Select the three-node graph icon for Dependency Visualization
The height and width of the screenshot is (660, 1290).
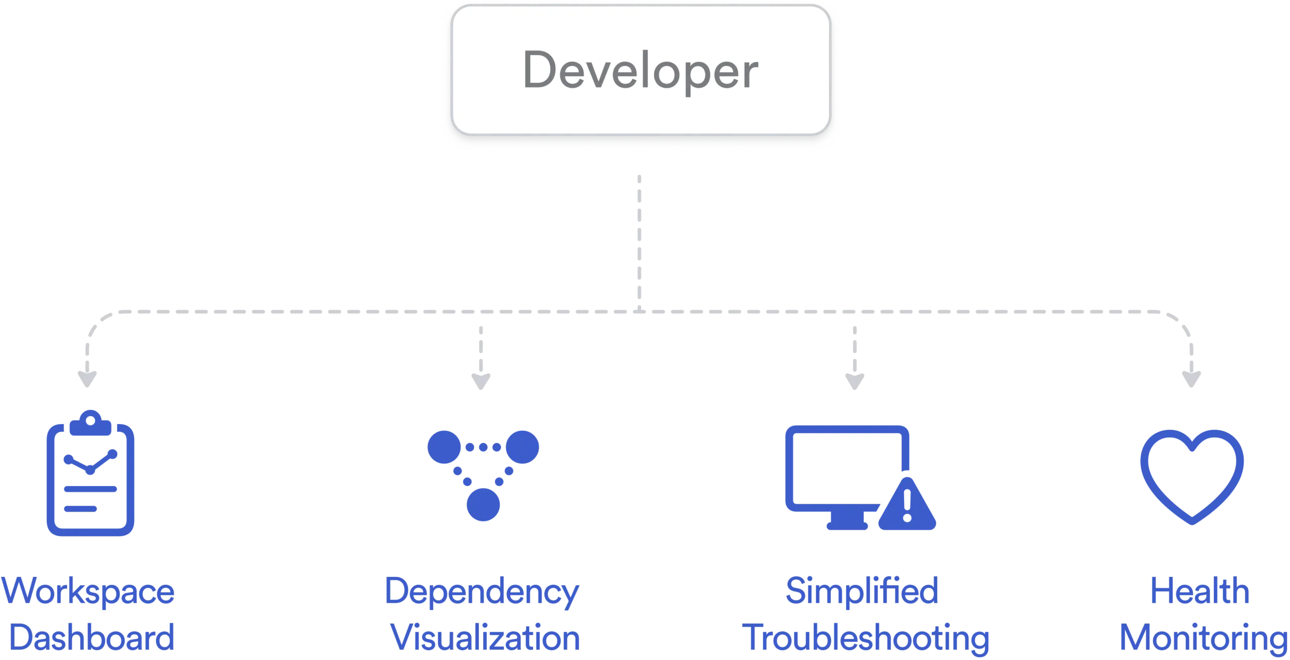click(483, 474)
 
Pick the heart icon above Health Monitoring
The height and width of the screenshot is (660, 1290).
click(1192, 477)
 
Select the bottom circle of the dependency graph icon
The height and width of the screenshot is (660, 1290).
click(483, 504)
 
